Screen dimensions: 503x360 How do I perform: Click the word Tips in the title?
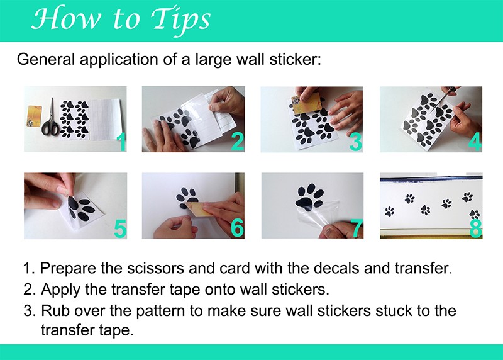180,20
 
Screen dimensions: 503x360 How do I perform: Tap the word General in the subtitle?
45,59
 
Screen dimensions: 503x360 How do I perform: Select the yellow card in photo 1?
35,120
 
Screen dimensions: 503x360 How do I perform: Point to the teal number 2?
238,142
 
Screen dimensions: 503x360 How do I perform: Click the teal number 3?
355,142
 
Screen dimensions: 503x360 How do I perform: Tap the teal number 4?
475,142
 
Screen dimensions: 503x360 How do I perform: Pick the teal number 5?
120,228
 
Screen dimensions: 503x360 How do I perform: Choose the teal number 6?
238,228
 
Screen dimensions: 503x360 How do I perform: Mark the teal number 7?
357,228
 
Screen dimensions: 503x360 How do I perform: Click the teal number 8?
475,228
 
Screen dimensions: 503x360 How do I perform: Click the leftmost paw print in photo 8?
389,211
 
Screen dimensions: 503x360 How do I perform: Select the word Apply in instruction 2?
60,290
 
